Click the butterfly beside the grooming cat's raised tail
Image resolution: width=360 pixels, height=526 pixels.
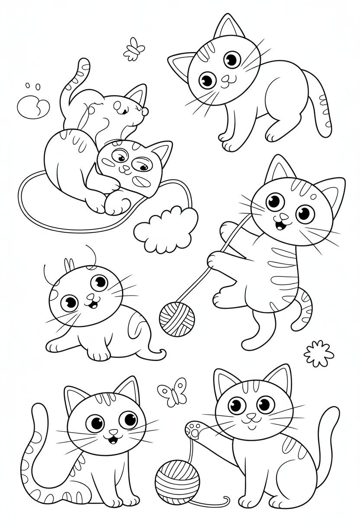134,48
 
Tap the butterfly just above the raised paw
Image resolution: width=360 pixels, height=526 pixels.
172,391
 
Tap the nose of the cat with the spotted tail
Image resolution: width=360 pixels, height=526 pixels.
113,432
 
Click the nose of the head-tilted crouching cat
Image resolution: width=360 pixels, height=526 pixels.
225,78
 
